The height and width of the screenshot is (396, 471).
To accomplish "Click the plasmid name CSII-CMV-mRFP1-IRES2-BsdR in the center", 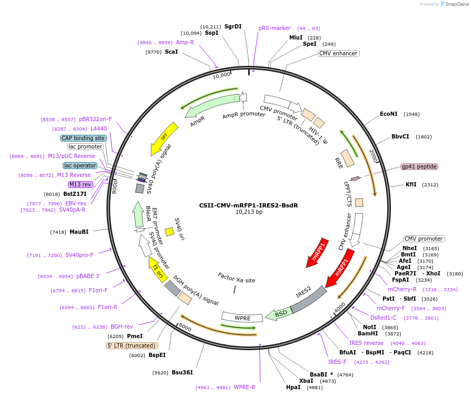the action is (x=249, y=205).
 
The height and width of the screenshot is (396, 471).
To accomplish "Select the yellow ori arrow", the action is (x=164, y=138).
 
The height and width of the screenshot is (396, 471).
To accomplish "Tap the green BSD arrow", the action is (x=279, y=314).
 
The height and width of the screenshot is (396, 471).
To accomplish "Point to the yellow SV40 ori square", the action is (x=170, y=232).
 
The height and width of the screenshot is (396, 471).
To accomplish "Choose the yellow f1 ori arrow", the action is (x=158, y=269).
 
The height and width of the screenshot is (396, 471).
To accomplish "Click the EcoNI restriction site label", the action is (x=388, y=114).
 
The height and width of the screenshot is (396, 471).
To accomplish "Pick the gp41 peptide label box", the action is (x=419, y=166).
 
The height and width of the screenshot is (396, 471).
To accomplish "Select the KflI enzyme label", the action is (x=411, y=184).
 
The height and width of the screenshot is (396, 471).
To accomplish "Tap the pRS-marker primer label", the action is (x=274, y=28).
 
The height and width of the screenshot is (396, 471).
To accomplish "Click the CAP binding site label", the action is (x=83, y=138).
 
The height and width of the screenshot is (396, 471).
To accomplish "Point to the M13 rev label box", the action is (x=81, y=184).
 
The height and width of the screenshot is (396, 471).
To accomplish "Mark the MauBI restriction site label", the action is (x=79, y=232).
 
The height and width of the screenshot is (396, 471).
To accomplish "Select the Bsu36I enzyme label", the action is (x=182, y=372).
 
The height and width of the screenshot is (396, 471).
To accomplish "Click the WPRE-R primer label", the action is (x=244, y=387).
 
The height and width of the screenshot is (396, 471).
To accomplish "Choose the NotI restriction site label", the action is (x=369, y=327).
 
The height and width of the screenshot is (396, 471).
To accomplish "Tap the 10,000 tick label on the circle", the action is (x=221, y=75).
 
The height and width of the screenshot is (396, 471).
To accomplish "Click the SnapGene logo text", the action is (x=457, y=4).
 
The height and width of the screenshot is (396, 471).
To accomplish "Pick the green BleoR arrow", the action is (x=138, y=214).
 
